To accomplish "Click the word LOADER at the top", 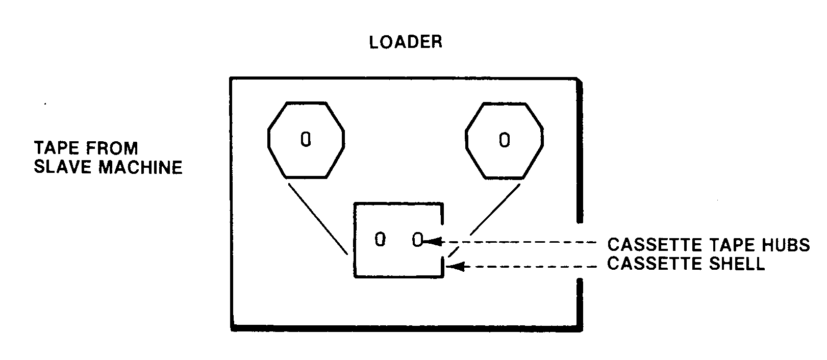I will (406, 42).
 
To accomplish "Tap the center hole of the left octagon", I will (306, 139).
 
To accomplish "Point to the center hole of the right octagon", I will (504, 139).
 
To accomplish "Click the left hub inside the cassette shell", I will (380, 239).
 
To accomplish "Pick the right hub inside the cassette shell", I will (417, 240).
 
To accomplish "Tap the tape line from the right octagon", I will (494, 209).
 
